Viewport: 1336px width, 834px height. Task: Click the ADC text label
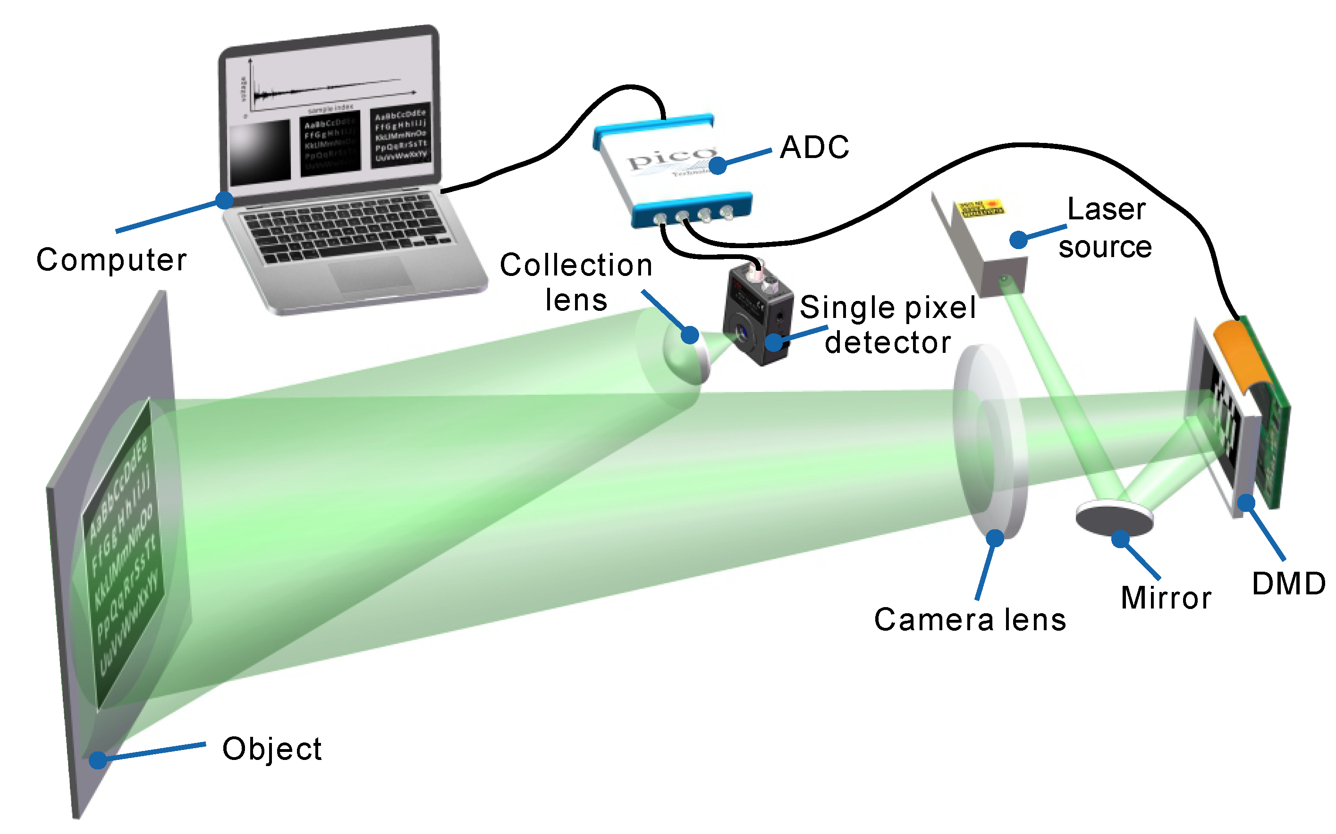point(814,147)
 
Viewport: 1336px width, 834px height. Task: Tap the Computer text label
point(111,260)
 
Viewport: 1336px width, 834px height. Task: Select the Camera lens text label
point(970,620)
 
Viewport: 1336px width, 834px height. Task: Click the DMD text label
point(1288,584)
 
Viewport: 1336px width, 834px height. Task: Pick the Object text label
point(271,750)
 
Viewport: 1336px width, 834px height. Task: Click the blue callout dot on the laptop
point(224,200)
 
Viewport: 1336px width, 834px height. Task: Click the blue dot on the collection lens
point(690,335)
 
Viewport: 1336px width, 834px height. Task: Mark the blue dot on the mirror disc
point(1120,539)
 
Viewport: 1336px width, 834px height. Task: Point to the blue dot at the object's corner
point(98,760)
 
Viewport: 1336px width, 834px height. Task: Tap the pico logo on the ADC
point(670,157)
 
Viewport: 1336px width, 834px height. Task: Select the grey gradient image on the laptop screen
point(259,152)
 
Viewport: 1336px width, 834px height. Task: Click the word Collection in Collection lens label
point(575,265)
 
